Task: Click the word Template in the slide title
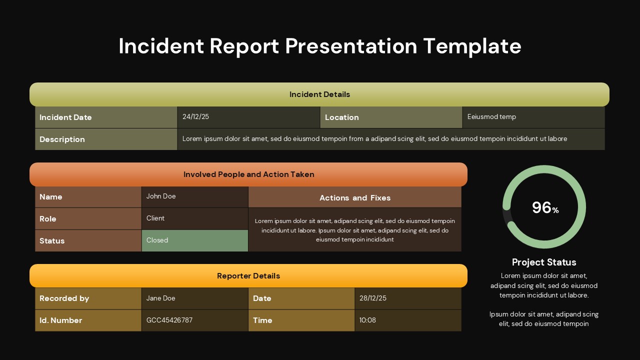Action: (472, 46)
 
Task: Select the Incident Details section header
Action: (319, 94)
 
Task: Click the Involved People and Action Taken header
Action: (248, 174)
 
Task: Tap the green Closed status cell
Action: (194, 240)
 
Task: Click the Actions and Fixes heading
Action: (355, 198)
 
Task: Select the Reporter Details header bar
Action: (248, 276)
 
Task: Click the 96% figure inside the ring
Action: (544, 207)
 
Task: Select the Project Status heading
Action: (544, 262)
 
